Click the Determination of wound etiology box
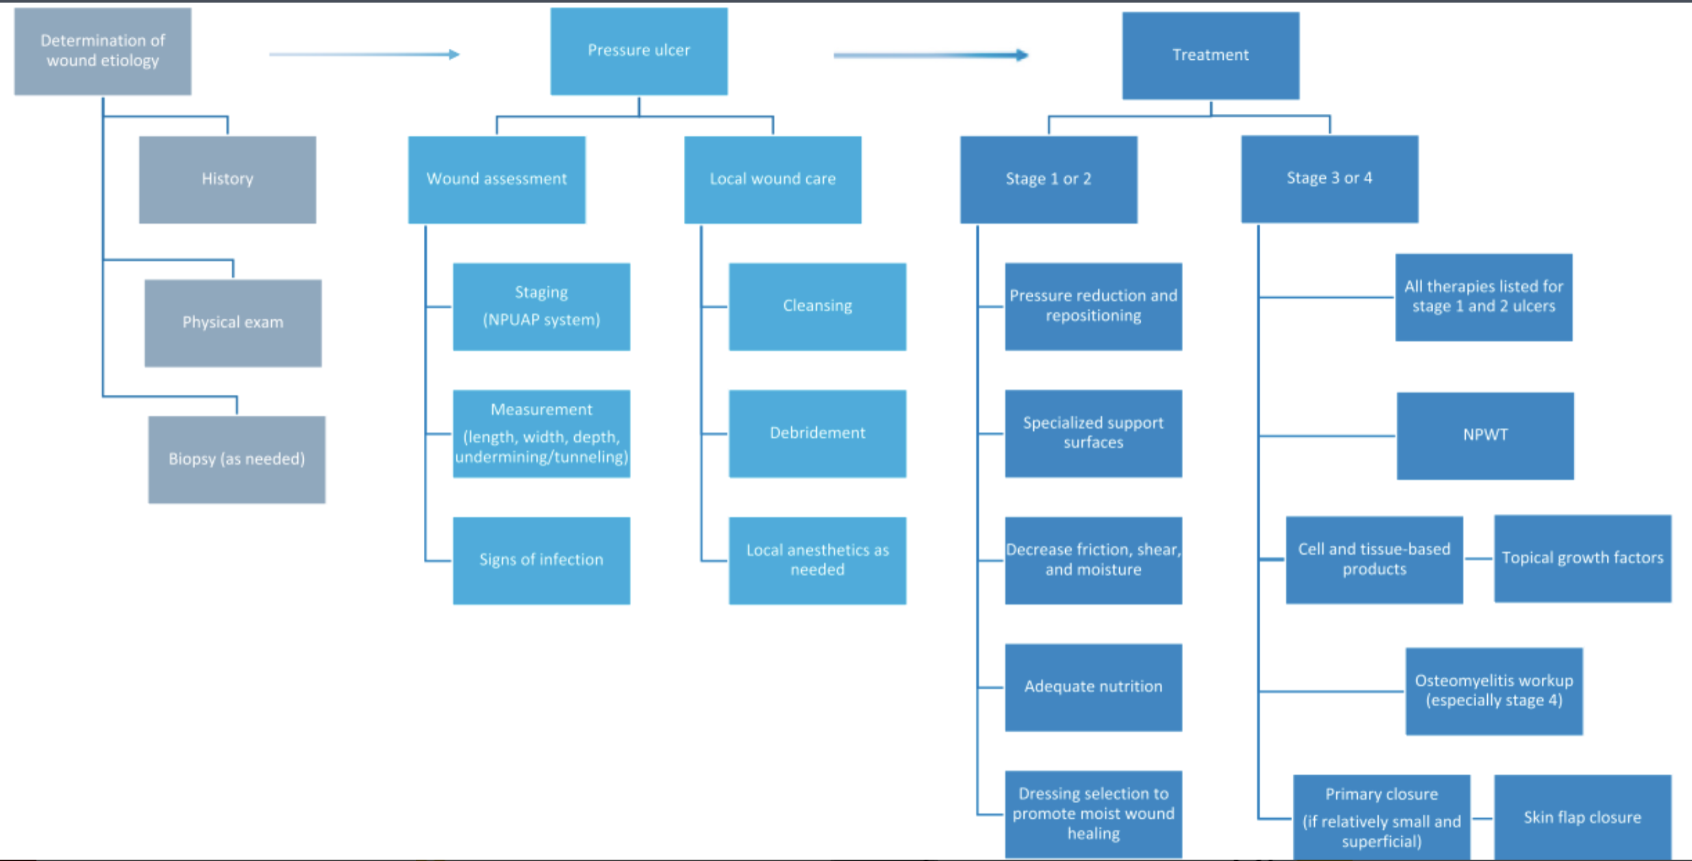click(103, 51)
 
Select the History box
click(227, 179)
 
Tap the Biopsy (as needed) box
click(237, 459)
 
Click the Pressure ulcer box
click(639, 51)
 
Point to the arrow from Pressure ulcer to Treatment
click(930, 55)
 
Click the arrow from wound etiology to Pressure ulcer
click(364, 55)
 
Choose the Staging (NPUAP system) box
click(541, 307)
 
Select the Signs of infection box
click(541, 560)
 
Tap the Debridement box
click(817, 434)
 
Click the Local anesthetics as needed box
click(817, 560)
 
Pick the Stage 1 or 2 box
click(1048, 179)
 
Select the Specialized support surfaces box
click(1093, 434)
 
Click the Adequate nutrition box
click(1093, 687)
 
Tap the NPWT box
click(1485, 436)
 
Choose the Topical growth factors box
click(1582, 558)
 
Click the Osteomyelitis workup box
click(1494, 691)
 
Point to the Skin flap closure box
click(1582, 817)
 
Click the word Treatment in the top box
click(1211, 55)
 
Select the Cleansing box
click(817, 307)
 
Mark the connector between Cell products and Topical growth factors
click(1479, 559)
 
